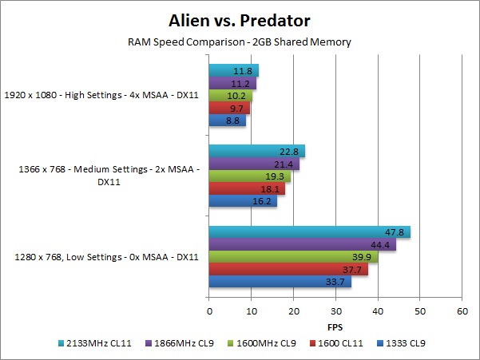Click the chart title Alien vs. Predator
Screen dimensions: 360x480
240,19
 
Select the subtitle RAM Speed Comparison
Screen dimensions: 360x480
240,42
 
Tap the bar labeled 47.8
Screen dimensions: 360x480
310,232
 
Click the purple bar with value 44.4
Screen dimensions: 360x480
303,244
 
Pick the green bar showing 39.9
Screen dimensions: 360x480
293,257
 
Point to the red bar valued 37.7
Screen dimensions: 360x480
288,269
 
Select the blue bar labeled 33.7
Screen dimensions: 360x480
280,281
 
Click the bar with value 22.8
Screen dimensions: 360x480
257,152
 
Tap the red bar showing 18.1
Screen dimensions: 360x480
247,188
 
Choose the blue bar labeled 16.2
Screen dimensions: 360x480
243,201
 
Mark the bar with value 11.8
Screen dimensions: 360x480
234,71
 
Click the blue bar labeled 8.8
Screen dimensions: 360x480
228,121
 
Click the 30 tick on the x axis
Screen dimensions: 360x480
335,312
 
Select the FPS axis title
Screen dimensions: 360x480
335,327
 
